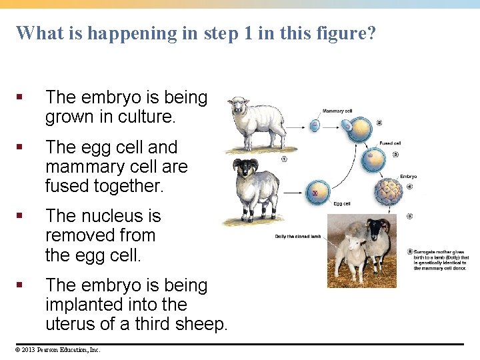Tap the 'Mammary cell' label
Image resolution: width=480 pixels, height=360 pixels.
337,111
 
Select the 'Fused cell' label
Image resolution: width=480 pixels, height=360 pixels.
390,143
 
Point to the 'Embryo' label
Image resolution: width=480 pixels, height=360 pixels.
409,177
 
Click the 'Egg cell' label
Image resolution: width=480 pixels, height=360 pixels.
341,203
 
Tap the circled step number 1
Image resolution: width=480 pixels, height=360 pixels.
284,159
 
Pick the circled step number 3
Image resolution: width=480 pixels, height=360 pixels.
395,155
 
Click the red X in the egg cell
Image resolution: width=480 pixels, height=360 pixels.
315,193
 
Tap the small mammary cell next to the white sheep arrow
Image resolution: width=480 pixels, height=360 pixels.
315,123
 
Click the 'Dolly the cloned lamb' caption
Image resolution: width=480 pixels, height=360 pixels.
298,237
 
